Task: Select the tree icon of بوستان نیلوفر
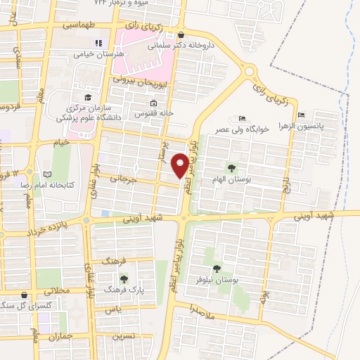tap(217, 268)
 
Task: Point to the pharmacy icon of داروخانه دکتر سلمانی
tap(181, 34)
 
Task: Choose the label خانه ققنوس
tap(150, 113)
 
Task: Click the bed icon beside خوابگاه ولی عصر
tap(242, 118)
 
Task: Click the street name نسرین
tap(124, 337)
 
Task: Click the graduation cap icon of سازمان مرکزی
tap(88, 98)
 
